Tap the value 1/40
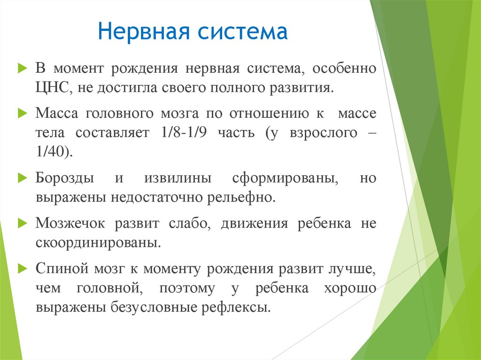coord(53,153)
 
